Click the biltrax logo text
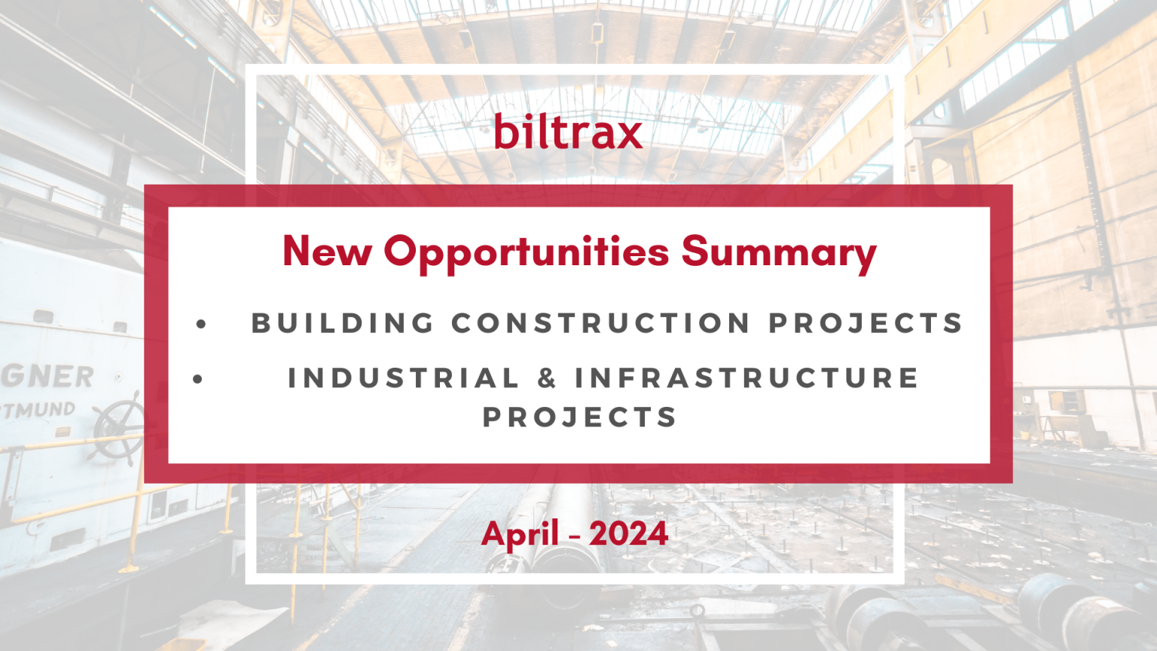pyautogui.click(x=568, y=132)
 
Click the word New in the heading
pyautogui.click(x=328, y=251)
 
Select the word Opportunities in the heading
pyautogui.click(x=527, y=254)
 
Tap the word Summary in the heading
pyautogui.click(x=779, y=254)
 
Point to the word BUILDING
pyautogui.click(x=343, y=323)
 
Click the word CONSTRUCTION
pyautogui.click(x=600, y=323)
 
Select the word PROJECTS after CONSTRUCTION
pyautogui.click(x=865, y=323)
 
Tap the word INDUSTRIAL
pyautogui.click(x=403, y=377)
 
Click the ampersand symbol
pyautogui.click(x=546, y=377)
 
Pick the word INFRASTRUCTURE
pyautogui.click(x=747, y=377)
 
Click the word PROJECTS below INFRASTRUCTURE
pyautogui.click(x=579, y=417)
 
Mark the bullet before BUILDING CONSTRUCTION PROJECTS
pyautogui.click(x=201, y=324)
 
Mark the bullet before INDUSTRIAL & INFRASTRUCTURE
pyautogui.click(x=197, y=380)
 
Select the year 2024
pyautogui.click(x=628, y=533)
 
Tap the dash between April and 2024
pyautogui.click(x=575, y=537)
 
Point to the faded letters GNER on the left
pyautogui.click(x=47, y=376)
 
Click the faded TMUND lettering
pyautogui.click(x=38, y=410)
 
